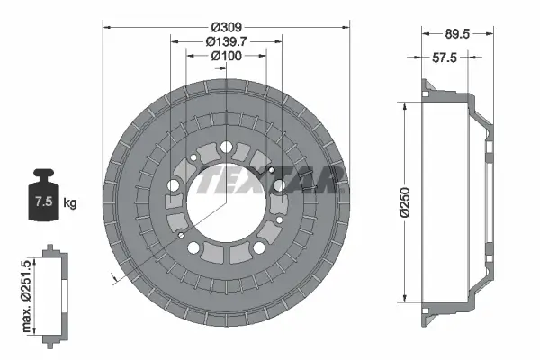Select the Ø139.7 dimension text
tap(226, 41)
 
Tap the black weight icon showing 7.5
tap(40, 193)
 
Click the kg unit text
tap(69, 202)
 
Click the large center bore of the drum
tap(226, 208)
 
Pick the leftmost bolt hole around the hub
tap(173, 186)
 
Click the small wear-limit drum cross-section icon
tap(53, 292)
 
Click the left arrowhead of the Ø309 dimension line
tap(107, 27)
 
